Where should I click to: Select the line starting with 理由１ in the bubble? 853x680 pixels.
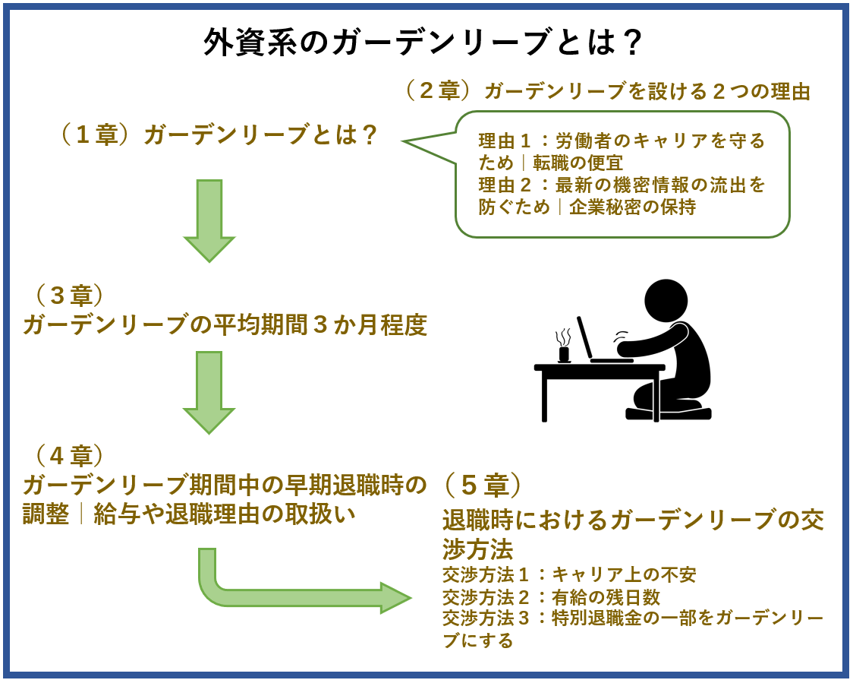pyautogui.click(x=622, y=142)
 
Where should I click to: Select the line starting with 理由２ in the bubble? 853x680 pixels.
pyautogui.click(x=622, y=185)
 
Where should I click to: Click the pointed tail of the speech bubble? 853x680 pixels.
pyautogui.click(x=414, y=141)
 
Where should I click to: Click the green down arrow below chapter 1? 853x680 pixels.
pyautogui.click(x=209, y=220)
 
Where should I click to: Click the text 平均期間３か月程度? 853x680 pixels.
pyautogui.click(x=319, y=325)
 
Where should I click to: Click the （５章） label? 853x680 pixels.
pyautogui.click(x=483, y=484)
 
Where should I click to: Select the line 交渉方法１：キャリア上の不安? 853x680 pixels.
pyautogui.click(x=568, y=574)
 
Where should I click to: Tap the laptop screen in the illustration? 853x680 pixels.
pyautogui.click(x=584, y=339)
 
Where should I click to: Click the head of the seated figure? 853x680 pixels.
pyautogui.click(x=666, y=301)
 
